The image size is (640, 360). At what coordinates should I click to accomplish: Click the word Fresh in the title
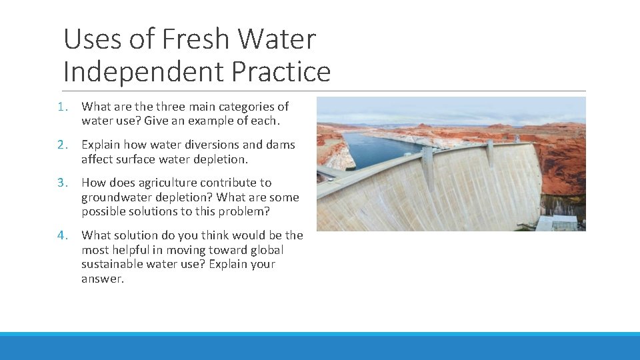click(193, 40)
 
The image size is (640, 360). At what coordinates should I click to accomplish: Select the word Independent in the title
click(147, 71)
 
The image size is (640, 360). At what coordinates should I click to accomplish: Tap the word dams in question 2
click(282, 145)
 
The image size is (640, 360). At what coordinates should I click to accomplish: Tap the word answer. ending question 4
click(103, 279)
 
